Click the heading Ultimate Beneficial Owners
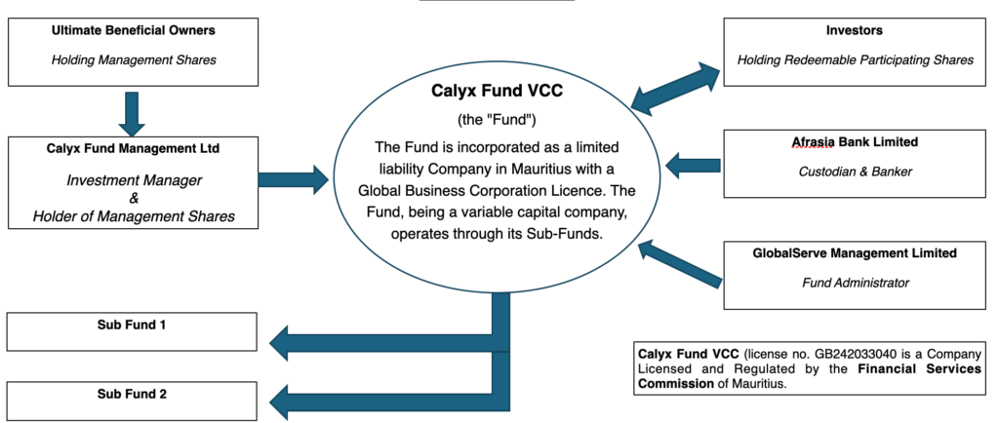tap(133, 30)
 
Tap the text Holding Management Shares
tap(133, 61)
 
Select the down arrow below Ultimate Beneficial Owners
tap(132, 112)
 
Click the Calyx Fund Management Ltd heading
tap(133, 149)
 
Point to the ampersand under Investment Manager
tap(133, 198)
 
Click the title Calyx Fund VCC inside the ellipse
tap(485, 92)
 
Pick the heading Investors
tap(855, 30)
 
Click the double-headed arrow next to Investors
tap(678, 82)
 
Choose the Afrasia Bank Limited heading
tap(855, 142)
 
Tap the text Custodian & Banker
tap(855, 173)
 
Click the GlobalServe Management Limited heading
tap(855, 252)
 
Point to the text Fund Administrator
tap(855, 284)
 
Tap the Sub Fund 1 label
tap(132, 323)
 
